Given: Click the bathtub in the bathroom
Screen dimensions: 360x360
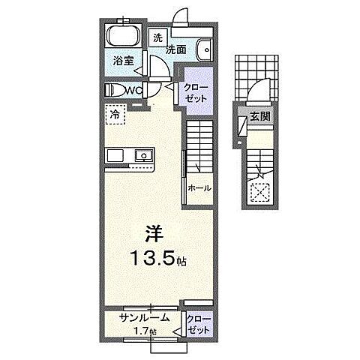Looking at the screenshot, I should click(123, 37).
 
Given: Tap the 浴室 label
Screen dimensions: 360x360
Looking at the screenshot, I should click(124, 61).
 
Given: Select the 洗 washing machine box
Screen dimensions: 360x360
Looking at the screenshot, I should click(158, 37).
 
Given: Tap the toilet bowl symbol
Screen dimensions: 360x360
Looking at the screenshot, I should click(117, 90).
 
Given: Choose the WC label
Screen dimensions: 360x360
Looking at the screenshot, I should click(136, 91).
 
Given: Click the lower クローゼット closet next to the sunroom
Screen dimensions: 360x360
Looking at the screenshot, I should click(199, 324).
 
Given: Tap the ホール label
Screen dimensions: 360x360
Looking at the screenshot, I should click(198, 187).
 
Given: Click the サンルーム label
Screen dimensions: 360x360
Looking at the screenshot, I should click(142, 317).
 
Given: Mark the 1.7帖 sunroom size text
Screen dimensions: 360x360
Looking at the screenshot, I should click(142, 330).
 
